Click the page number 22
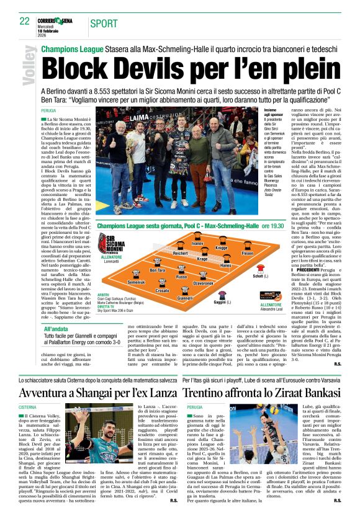click(24, 20)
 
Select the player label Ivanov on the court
click(197, 244)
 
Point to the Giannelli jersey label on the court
click(184, 298)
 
